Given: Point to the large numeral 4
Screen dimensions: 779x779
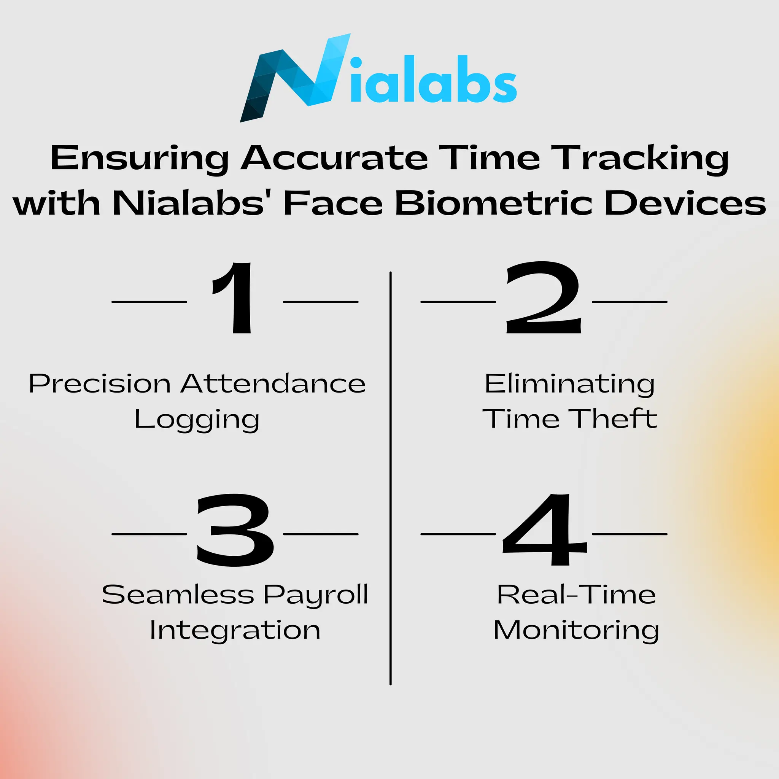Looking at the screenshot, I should (544, 530).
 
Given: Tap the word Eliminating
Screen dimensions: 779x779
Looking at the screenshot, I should (569, 384).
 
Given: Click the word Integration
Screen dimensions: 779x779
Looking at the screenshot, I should (235, 630).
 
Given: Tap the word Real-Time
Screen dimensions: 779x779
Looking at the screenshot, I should (576, 595).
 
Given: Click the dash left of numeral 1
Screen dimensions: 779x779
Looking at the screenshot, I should (149, 302).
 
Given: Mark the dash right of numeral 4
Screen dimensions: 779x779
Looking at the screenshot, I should (630, 534).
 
